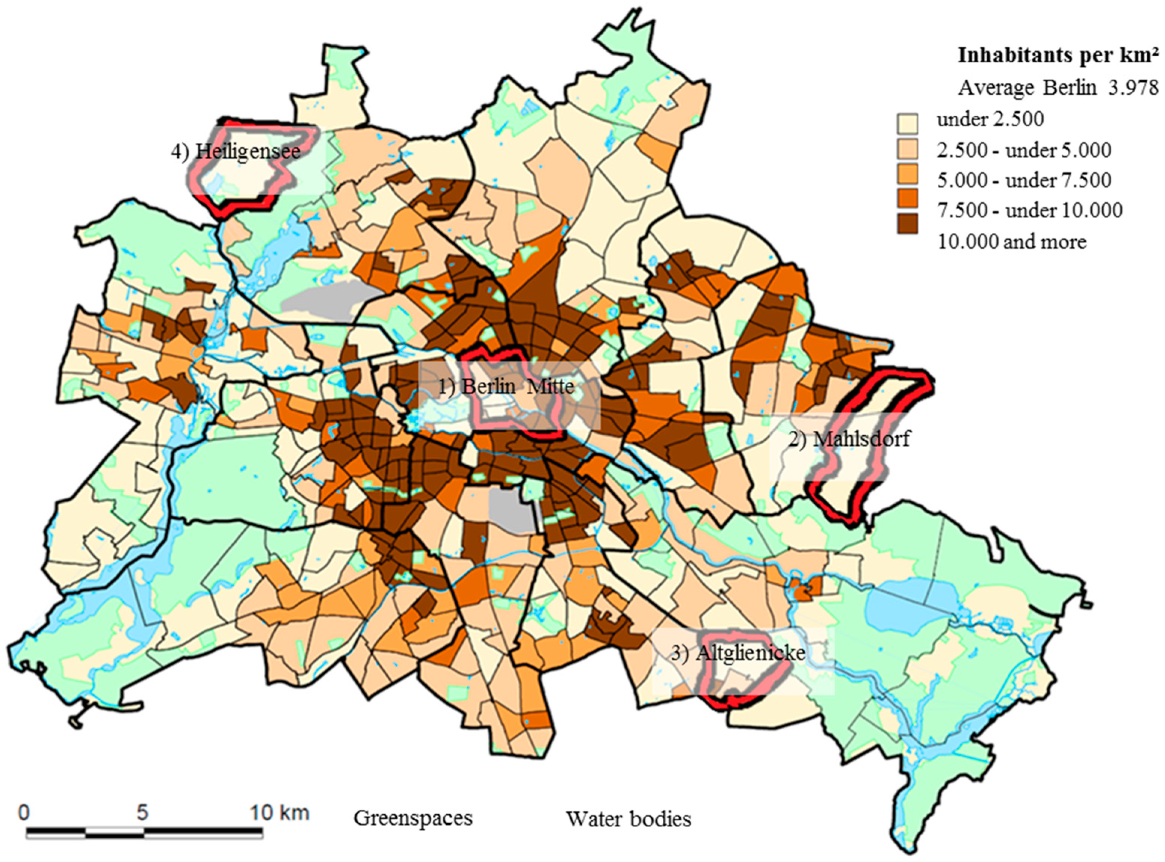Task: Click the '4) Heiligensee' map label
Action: click(236, 152)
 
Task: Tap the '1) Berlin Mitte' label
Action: click(506, 386)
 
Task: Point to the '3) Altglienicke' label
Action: click(737, 653)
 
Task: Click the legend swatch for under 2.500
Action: click(907, 123)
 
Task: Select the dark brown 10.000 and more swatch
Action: click(907, 224)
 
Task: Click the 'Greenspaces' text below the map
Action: click(413, 818)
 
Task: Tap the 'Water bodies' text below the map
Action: click(629, 819)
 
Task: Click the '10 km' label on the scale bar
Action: click(279, 813)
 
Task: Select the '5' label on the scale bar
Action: click(142, 813)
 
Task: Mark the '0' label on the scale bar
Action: click(24, 813)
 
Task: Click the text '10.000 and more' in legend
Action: click(1012, 242)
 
